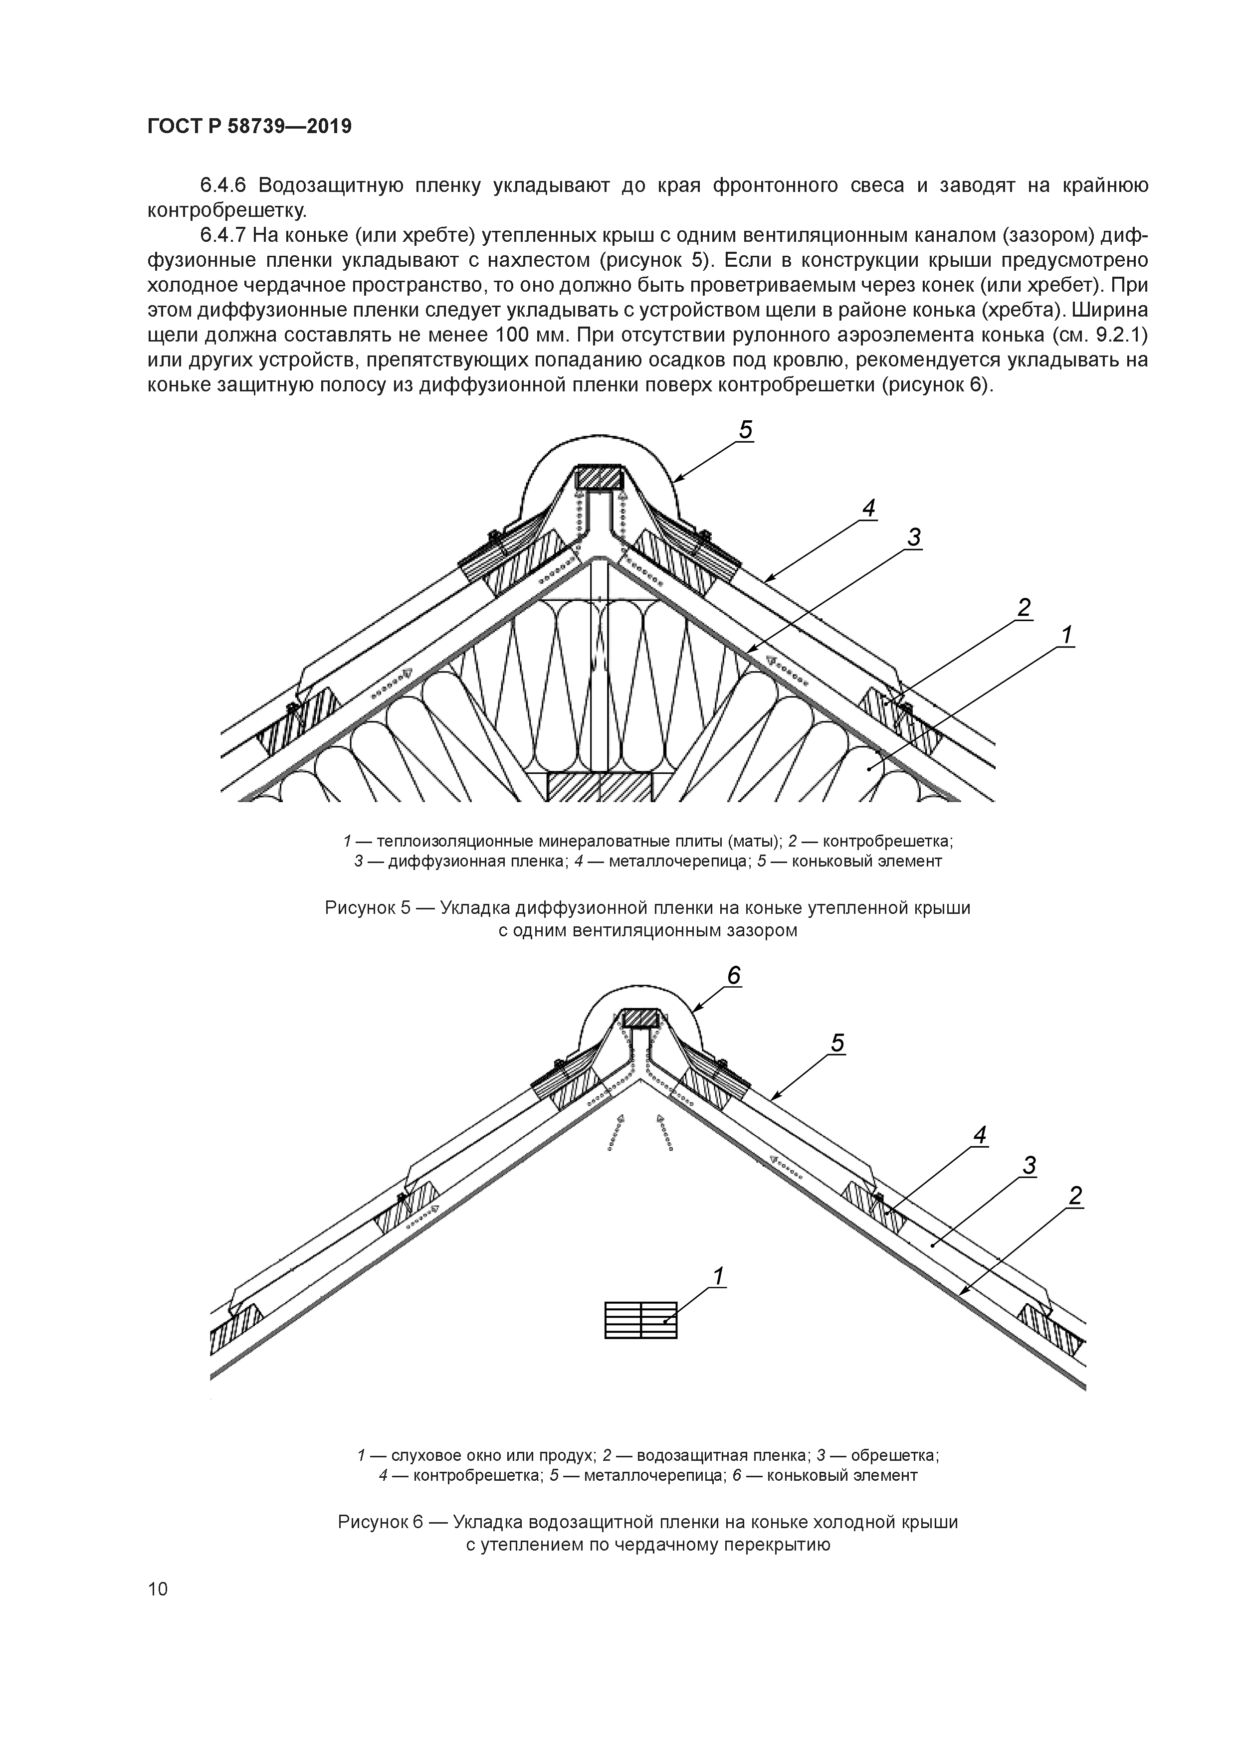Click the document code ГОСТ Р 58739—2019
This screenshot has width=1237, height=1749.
[x=249, y=127]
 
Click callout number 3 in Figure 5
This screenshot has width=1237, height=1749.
[x=914, y=538]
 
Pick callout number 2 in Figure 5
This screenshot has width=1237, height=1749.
[x=1025, y=608]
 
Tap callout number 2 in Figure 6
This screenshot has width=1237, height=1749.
[x=1075, y=1196]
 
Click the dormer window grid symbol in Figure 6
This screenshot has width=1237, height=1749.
[x=640, y=1320]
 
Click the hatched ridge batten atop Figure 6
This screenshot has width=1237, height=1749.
[x=640, y=1018]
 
